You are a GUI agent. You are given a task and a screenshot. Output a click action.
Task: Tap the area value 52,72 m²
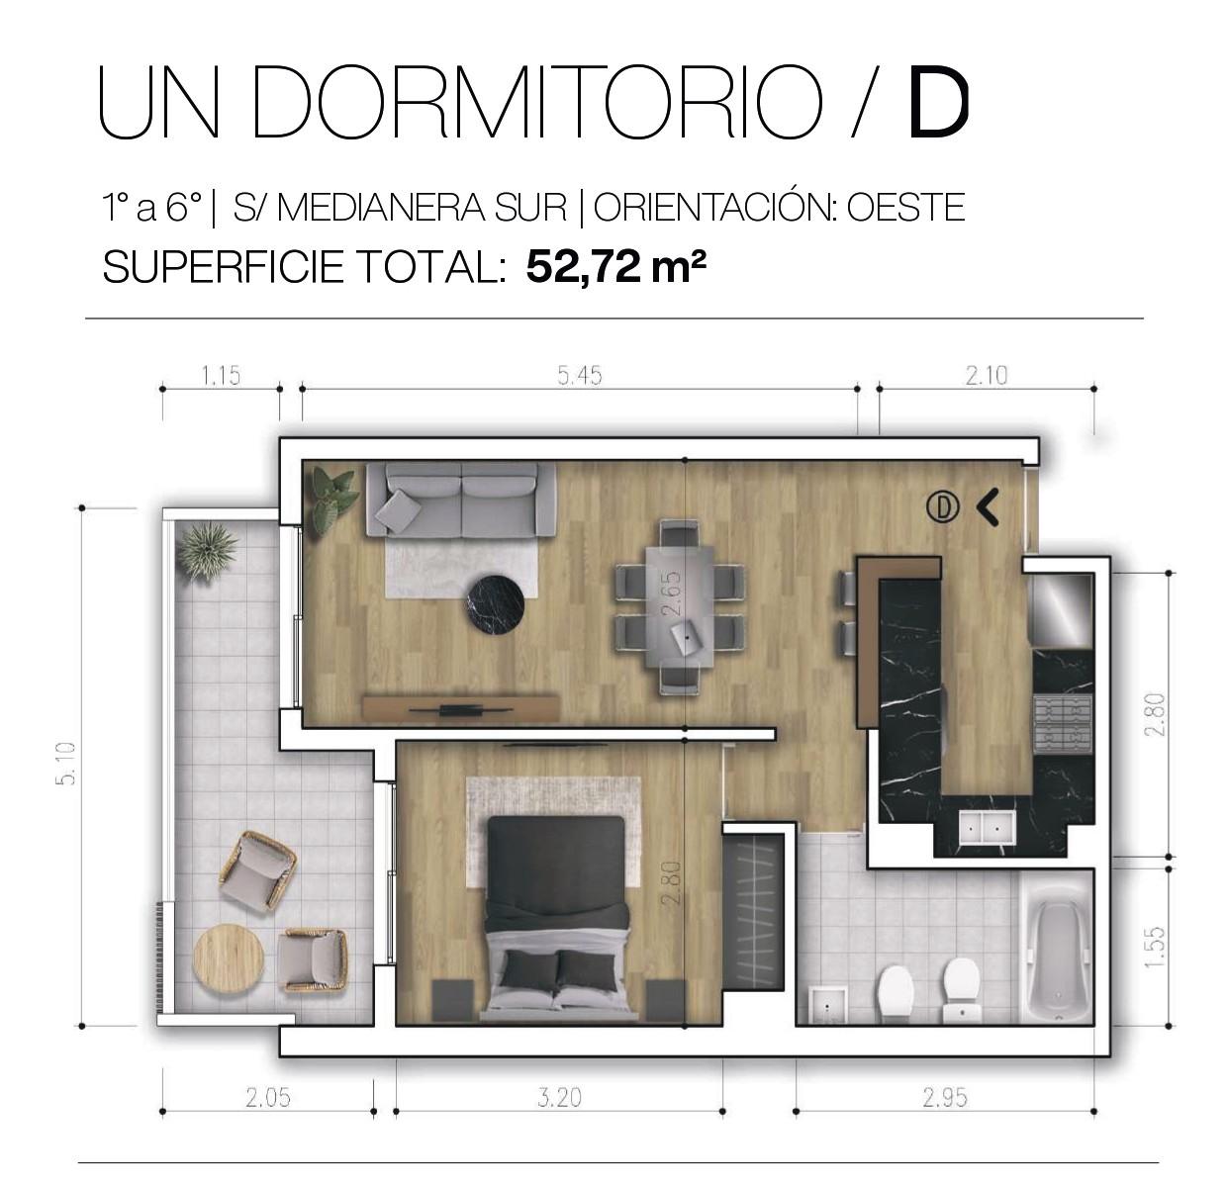pos(614,266)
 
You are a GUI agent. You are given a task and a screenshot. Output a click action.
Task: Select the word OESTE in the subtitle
pos(906,207)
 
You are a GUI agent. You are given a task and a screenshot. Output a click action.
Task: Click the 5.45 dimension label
pos(579,375)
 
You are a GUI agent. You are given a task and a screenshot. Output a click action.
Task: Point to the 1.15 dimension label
pos(221,375)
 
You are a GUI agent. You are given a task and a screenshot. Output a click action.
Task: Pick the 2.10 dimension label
pos(987,375)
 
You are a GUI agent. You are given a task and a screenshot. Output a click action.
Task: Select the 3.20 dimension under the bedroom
pos(559,1097)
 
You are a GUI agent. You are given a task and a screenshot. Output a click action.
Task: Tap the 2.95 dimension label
pos(945,1097)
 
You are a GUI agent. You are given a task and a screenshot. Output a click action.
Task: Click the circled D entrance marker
pos(942,506)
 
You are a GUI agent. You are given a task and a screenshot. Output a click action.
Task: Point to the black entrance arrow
pos(989,506)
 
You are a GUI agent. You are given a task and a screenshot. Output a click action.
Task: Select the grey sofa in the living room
pos(461,501)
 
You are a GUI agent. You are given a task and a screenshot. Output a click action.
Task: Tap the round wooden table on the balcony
pos(229,957)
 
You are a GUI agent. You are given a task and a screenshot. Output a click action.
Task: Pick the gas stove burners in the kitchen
pos(1062,725)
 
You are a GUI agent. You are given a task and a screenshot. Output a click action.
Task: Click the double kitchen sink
pos(987,827)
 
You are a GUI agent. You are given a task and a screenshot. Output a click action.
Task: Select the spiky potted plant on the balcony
pos(207,549)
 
